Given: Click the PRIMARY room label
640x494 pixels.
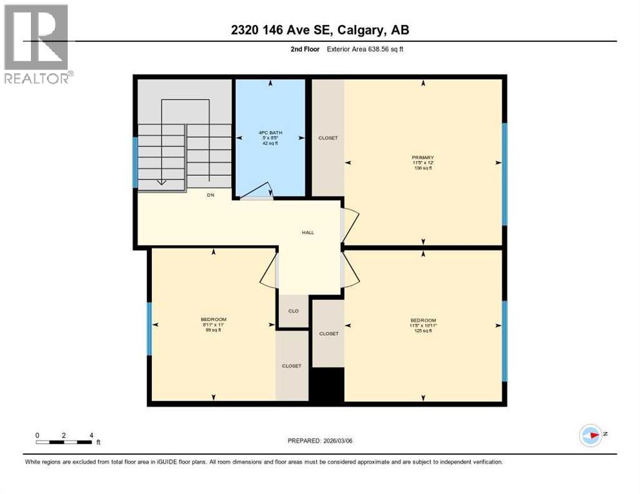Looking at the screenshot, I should pyautogui.click(x=423, y=157).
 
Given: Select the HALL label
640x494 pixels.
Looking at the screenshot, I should pyautogui.click(x=308, y=232).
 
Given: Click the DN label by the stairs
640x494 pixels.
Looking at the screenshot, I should pyautogui.click(x=211, y=194).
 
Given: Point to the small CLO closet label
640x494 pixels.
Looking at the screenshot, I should pyautogui.click(x=293, y=311).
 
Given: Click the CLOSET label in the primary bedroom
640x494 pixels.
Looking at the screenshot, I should pyautogui.click(x=328, y=138).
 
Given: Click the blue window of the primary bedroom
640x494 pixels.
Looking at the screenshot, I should pyautogui.click(x=504, y=174).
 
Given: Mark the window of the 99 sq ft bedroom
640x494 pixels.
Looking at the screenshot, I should pyautogui.click(x=149, y=328).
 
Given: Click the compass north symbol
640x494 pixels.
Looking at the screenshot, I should pyautogui.click(x=590, y=435).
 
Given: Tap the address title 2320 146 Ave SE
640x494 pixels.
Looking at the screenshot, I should pyautogui.click(x=320, y=30).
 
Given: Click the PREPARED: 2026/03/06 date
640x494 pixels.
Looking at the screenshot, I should pyautogui.click(x=319, y=441).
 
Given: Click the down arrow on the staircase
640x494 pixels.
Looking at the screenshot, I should pyautogui.click(x=161, y=181).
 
